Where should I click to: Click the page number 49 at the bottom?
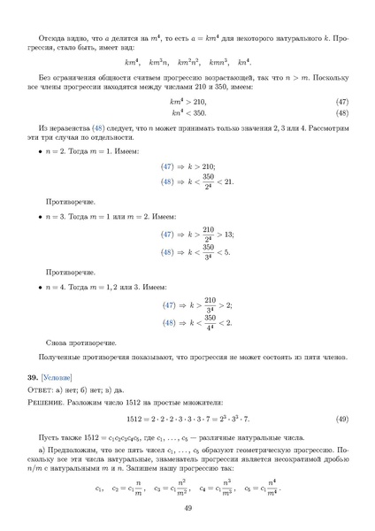(x=187, y=507)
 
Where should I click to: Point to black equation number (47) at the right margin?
(x=341, y=102)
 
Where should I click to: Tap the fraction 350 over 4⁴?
(x=210, y=321)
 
